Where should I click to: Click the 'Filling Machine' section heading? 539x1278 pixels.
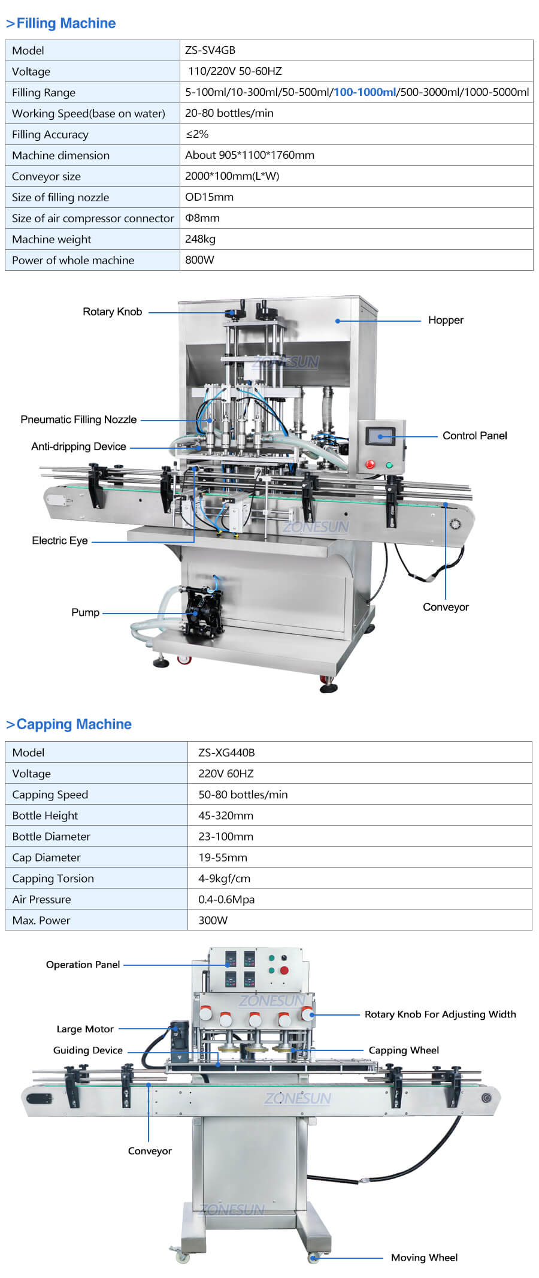[x=66, y=23]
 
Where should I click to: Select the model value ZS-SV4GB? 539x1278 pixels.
[x=210, y=50]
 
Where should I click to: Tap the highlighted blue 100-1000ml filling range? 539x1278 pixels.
[x=365, y=92]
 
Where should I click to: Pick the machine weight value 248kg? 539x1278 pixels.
[x=200, y=239]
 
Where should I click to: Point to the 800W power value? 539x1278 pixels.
[x=199, y=260]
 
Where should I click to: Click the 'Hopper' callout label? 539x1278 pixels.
[x=446, y=320]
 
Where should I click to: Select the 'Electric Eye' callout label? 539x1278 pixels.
[x=60, y=540]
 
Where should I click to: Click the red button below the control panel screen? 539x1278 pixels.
[x=370, y=464]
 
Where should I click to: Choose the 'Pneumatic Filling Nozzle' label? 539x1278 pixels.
[x=78, y=419]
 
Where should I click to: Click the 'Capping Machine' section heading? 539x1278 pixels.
[x=74, y=724]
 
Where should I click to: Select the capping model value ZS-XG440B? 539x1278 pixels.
[x=226, y=753]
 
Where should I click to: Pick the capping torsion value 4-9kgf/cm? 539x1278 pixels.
[x=225, y=878]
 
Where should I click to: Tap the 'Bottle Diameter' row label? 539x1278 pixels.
[x=51, y=836]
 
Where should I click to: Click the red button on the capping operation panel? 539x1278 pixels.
[x=284, y=971]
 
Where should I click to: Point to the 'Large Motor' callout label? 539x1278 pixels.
[x=85, y=1029]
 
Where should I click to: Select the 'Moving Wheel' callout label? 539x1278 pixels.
[x=424, y=1257]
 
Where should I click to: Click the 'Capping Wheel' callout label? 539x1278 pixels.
[x=404, y=1050]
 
